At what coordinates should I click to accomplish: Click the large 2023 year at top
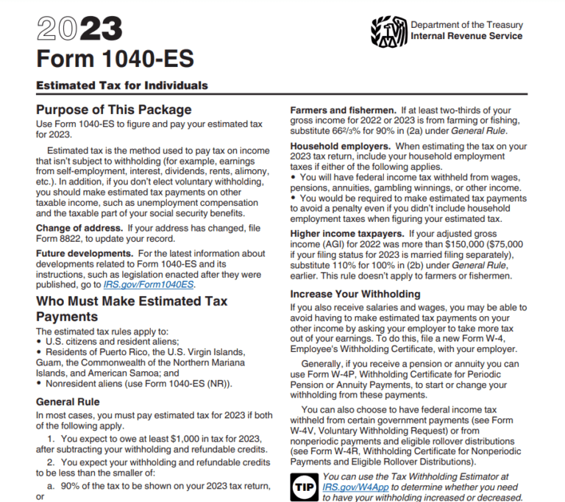point(79,30)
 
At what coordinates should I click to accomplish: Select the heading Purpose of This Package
point(114,110)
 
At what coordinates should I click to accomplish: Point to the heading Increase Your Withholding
point(355,294)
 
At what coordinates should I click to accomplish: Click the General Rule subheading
point(67,402)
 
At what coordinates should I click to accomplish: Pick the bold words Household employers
point(338,146)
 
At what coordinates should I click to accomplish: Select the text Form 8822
point(61,238)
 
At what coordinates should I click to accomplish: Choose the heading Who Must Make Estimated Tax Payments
point(131,309)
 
